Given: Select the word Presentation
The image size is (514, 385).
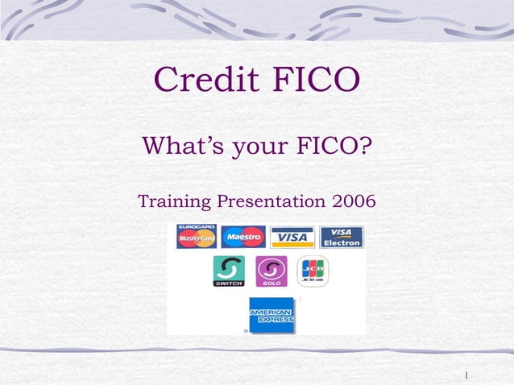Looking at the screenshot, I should click(268, 199).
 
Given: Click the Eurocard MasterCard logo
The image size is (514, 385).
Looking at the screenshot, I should click(196, 237).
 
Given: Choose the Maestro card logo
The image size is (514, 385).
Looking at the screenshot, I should click(242, 237).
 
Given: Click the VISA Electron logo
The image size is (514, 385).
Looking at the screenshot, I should click(342, 237).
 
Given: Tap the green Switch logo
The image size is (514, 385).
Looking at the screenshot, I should click(229, 271).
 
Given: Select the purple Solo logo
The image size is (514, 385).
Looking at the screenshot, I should click(272, 271).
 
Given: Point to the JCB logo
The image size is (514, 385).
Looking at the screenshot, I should click(313, 271).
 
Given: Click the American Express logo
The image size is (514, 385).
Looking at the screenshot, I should click(272, 315).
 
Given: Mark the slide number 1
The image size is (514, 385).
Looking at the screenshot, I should click(467, 375).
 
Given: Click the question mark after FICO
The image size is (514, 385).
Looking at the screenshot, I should click(367, 147).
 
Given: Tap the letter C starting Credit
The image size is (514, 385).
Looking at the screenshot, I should click(167, 80).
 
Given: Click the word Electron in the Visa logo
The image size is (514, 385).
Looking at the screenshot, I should click(342, 242).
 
